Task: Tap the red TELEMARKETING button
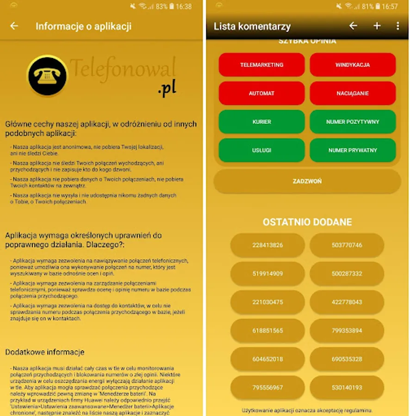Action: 261,65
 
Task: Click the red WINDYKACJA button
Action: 353,65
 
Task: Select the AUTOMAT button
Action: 261,93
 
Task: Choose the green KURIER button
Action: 261,122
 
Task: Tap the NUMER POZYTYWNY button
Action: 353,122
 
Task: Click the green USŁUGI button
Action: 261,150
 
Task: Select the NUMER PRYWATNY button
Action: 353,150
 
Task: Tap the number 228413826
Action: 267,245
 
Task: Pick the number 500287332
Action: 347,274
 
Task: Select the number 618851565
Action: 267,330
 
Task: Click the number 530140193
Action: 347,387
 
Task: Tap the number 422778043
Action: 347,302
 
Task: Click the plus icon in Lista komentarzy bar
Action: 377,26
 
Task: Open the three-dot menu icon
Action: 398,26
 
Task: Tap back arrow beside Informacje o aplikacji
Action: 14,26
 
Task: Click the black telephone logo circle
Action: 47,76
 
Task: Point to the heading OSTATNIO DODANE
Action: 307,222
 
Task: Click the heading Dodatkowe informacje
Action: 44,352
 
